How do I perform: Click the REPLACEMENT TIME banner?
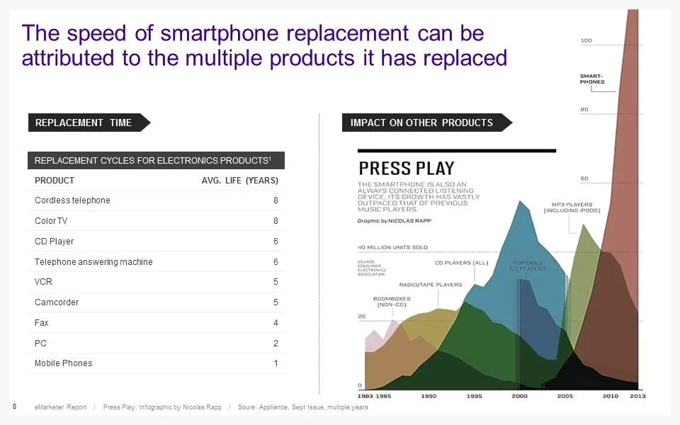point(84,123)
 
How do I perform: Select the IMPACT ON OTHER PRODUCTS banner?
point(421,123)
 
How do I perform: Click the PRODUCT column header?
point(55,181)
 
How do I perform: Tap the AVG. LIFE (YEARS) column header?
point(239,181)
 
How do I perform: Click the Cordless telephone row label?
point(72,200)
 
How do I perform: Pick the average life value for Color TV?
point(276,221)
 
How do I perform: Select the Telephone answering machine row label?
point(93,262)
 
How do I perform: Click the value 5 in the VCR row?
point(276,282)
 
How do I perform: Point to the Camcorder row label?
point(57,302)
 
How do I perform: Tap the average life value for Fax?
point(276,323)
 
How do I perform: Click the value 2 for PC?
point(276,344)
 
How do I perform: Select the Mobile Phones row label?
point(63,363)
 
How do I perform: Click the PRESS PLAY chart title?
point(406,169)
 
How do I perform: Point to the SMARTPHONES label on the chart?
point(592,79)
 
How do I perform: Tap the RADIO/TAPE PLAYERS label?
point(430,285)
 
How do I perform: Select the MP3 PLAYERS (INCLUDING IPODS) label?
point(572,208)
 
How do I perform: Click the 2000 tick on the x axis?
point(519,396)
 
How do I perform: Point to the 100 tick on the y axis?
point(586,40)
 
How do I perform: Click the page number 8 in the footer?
point(15,406)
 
